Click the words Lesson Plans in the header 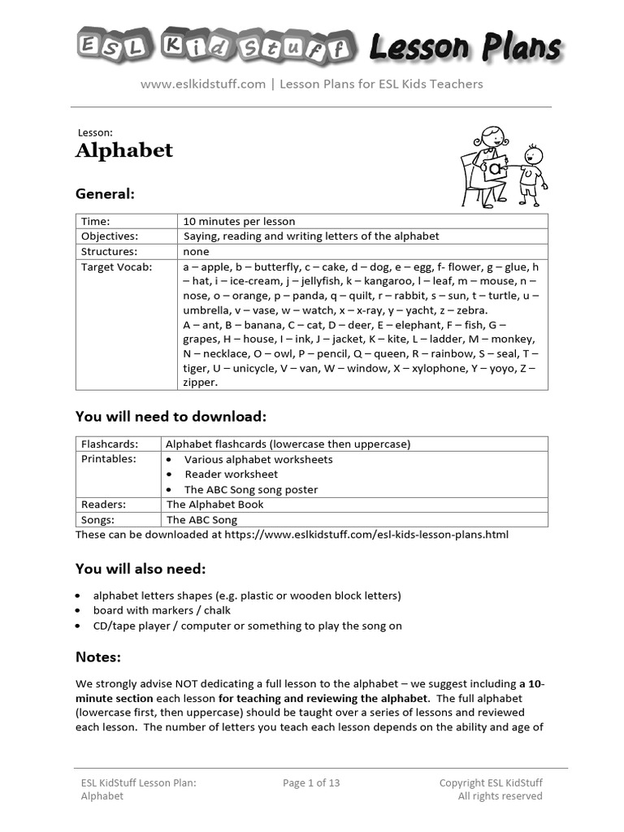(x=464, y=46)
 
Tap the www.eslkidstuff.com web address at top (x=203, y=84)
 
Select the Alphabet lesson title (x=124, y=150)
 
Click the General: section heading (x=105, y=194)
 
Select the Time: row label (x=95, y=221)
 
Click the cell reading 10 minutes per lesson (x=239, y=221)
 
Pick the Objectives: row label (x=109, y=236)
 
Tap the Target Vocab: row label (x=115, y=266)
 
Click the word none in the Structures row (x=196, y=252)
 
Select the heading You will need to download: (x=171, y=417)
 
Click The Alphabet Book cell (x=214, y=505)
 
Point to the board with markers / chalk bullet (x=162, y=610)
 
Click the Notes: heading (x=98, y=656)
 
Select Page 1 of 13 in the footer (x=311, y=783)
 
